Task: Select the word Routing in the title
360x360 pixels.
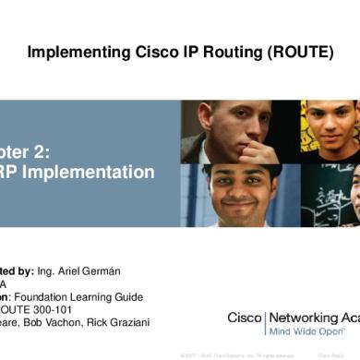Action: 225,53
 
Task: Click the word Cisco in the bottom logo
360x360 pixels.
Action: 245,317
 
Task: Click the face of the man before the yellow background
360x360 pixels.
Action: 329,125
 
